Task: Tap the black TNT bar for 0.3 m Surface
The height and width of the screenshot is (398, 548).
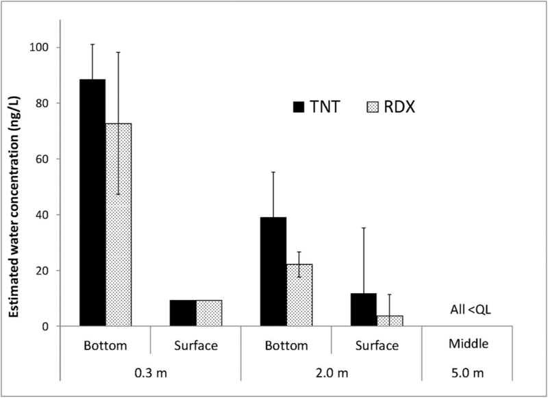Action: [184, 313]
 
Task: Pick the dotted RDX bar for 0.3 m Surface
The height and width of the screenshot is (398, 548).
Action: [209, 313]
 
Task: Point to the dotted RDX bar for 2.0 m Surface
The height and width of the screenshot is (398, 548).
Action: [388, 321]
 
